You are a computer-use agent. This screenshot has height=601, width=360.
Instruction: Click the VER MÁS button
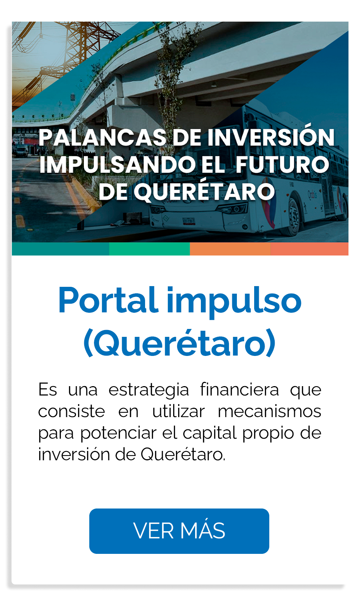click(x=179, y=531)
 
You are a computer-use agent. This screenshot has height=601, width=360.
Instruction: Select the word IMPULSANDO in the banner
click(x=118, y=164)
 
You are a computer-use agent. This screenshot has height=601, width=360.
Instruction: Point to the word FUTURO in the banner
click(x=282, y=164)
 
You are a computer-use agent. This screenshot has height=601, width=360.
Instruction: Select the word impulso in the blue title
click(x=234, y=302)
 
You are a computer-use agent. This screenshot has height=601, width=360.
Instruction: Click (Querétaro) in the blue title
click(x=180, y=343)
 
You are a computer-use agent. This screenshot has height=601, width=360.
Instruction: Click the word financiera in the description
click(x=239, y=389)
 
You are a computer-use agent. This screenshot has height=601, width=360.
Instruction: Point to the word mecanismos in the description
click(x=270, y=411)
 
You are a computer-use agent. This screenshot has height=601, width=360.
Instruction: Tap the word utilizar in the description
click(x=179, y=411)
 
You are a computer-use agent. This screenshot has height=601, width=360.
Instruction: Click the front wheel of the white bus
click(x=294, y=217)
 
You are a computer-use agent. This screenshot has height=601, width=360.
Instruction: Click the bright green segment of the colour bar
click(x=149, y=249)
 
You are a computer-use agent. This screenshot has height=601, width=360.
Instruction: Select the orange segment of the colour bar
click(x=230, y=249)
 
